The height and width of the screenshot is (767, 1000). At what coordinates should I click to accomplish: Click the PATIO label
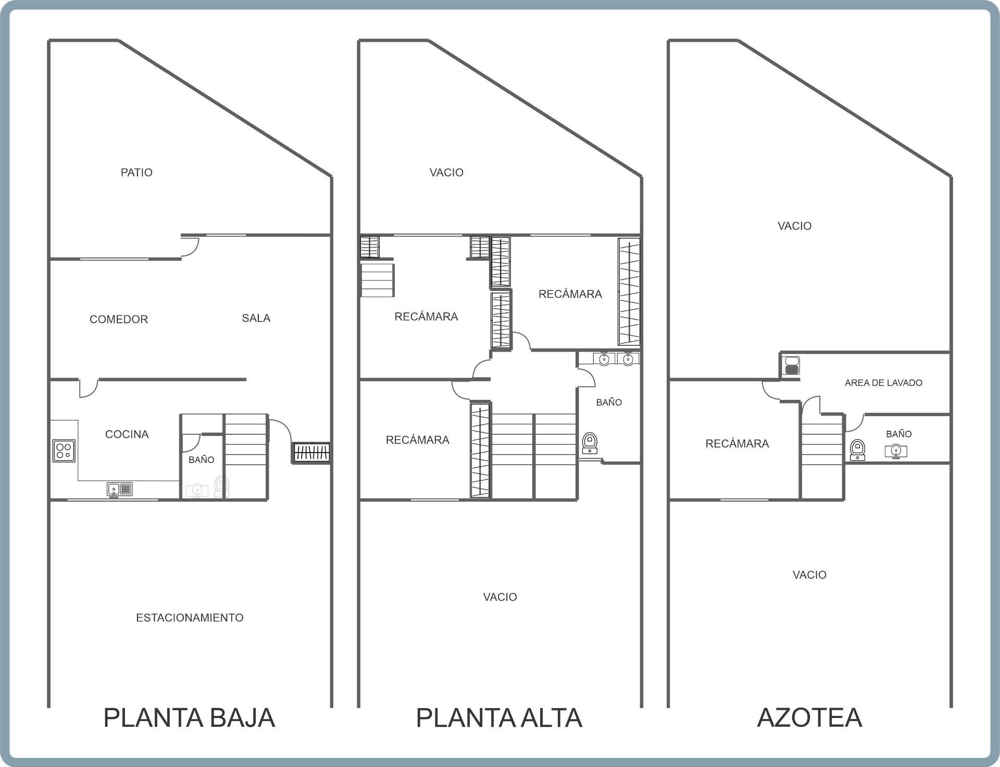pyautogui.click(x=136, y=173)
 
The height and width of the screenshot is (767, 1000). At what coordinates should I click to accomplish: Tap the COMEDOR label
pyautogui.click(x=119, y=319)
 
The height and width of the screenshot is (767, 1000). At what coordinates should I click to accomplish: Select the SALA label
pyautogui.click(x=256, y=318)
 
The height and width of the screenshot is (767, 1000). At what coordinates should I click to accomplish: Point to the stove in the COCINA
pyautogui.click(x=64, y=451)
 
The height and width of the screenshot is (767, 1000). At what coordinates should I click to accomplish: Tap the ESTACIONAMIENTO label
pyautogui.click(x=190, y=618)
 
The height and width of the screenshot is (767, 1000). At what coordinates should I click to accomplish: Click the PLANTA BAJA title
pyautogui.click(x=189, y=717)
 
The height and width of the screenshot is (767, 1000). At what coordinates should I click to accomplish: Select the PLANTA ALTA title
pyautogui.click(x=499, y=717)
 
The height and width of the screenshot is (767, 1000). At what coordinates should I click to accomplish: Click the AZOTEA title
pyautogui.click(x=809, y=717)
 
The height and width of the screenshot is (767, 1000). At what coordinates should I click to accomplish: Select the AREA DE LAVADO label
pyautogui.click(x=883, y=383)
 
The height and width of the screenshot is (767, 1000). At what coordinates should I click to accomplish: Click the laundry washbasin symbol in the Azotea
pyautogui.click(x=792, y=366)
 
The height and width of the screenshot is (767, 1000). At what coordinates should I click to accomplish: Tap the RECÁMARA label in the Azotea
pyautogui.click(x=737, y=444)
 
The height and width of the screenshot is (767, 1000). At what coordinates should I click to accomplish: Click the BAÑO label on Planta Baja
pyautogui.click(x=201, y=460)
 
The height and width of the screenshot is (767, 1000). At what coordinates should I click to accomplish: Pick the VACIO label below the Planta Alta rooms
pyautogui.click(x=500, y=597)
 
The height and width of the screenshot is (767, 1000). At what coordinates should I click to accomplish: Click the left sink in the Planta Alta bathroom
pyautogui.click(x=604, y=359)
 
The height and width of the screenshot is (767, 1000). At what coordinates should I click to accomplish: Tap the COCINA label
pyautogui.click(x=127, y=434)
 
